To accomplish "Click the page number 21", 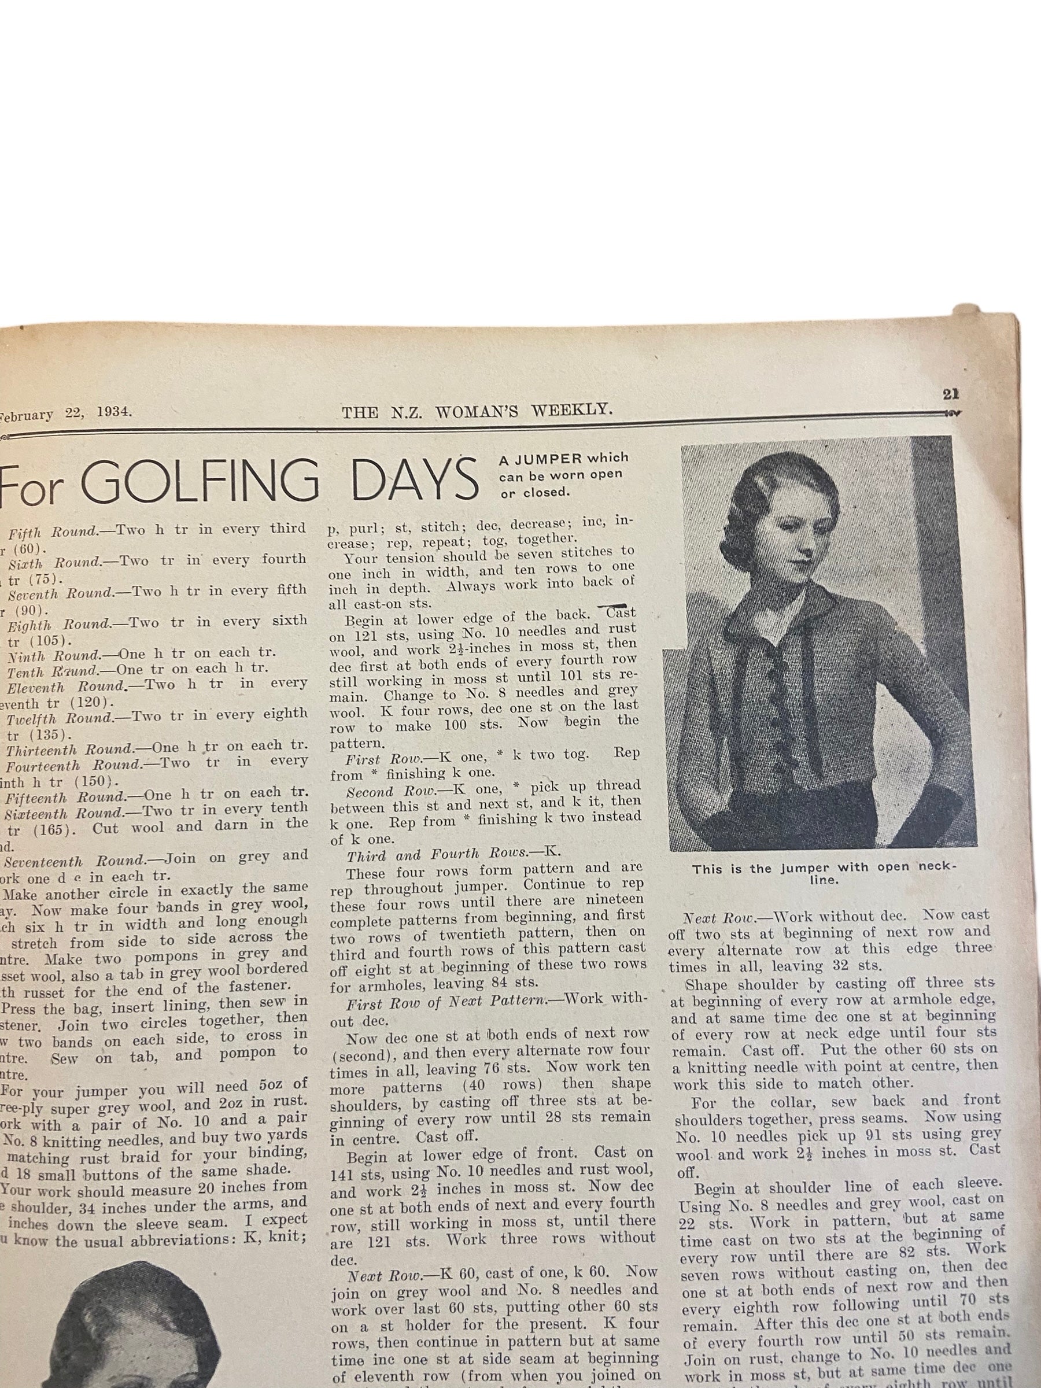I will (950, 394).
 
